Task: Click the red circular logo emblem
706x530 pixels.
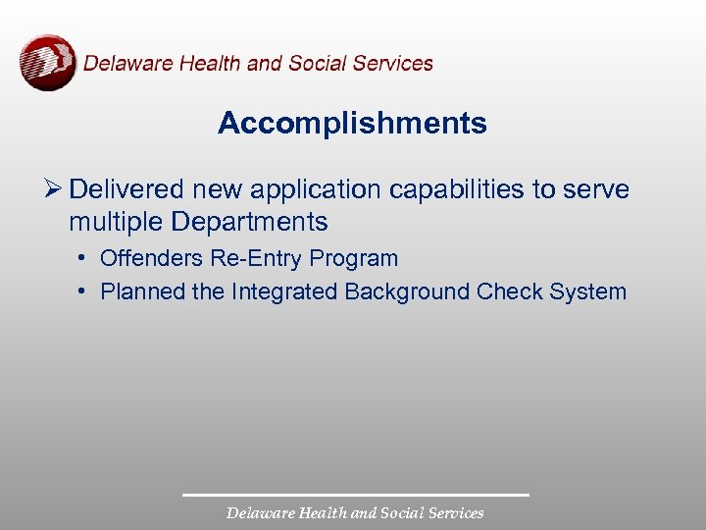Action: pos(47,62)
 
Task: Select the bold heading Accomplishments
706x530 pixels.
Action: pos(352,124)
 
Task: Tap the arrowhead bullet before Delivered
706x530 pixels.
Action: pos(53,188)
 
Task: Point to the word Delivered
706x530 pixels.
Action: pos(126,188)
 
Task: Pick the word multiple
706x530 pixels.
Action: pos(115,221)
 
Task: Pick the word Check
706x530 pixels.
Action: pos(510,291)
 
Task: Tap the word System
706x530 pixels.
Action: pos(587,292)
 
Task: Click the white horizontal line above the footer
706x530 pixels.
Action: pos(355,495)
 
